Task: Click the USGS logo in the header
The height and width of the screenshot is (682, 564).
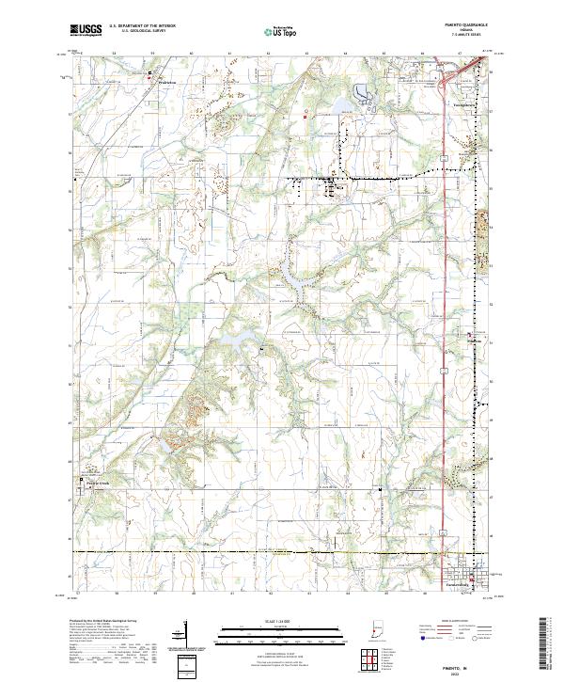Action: tap(86, 30)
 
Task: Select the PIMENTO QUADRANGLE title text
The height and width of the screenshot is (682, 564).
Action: tap(466, 25)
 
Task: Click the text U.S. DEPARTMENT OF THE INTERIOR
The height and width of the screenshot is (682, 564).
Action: tap(142, 26)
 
